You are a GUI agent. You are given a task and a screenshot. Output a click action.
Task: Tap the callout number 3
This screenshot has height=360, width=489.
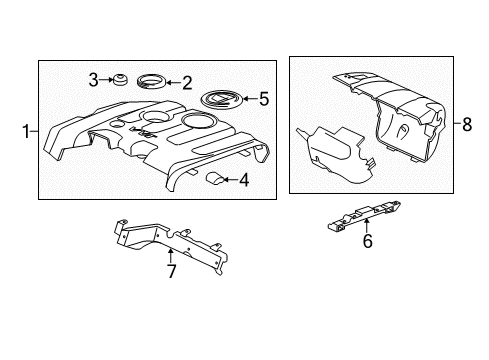92,79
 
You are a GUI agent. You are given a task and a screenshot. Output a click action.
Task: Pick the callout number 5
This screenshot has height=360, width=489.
264,99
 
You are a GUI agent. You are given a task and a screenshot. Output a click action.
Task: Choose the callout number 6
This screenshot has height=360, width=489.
367,269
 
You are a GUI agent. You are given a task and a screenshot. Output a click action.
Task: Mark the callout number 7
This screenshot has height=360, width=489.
172,271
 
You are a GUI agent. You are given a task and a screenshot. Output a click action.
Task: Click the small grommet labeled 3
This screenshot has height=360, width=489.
117,79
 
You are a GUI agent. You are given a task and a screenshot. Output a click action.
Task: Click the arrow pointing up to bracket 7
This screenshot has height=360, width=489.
172,255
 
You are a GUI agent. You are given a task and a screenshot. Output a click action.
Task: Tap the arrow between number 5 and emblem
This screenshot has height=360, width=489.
248,99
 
